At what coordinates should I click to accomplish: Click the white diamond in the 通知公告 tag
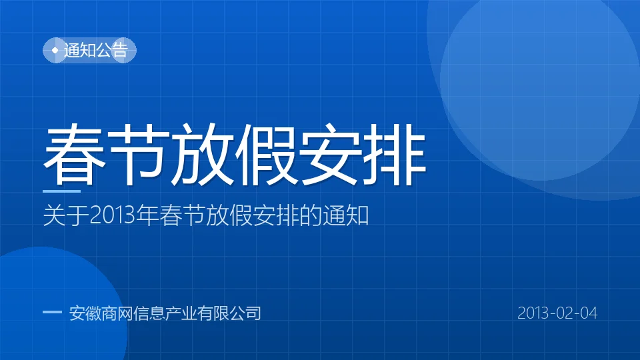click(x=55, y=50)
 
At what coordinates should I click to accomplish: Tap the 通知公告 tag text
click(x=96, y=50)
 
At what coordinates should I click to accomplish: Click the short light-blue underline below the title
click(x=61, y=191)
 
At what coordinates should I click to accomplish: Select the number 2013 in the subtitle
click(x=112, y=215)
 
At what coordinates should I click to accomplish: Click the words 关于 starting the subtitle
click(x=66, y=215)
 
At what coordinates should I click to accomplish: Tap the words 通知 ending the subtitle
click(x=346, y=215)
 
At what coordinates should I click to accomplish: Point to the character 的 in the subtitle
click(x=311, y=215)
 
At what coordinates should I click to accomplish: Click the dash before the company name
click(x=52, y=312)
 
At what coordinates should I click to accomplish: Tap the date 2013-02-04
click(x=557, y=313)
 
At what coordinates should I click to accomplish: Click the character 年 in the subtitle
click(x=147, y=215)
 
